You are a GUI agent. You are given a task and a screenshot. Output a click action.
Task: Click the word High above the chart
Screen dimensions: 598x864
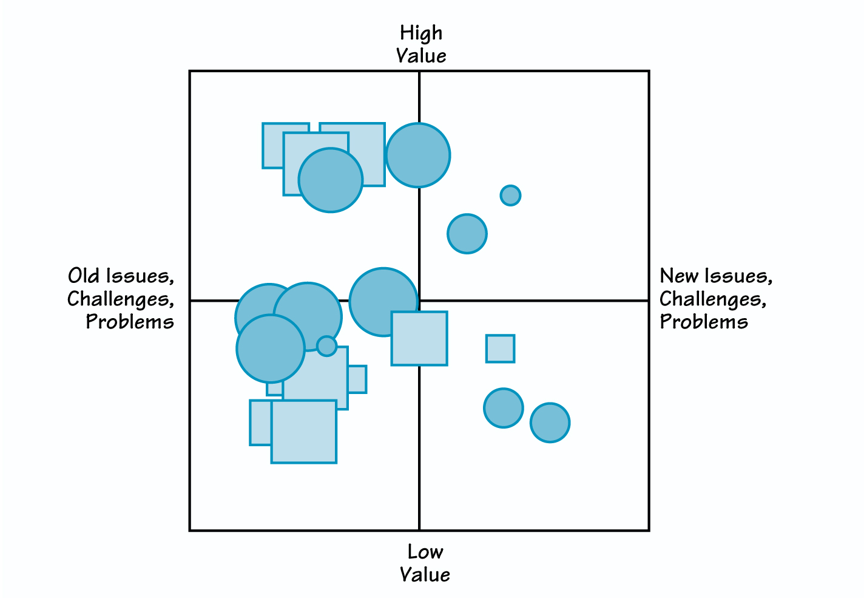click(421, 33)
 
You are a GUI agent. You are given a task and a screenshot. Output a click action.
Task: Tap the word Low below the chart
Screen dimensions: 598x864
click(425, 552)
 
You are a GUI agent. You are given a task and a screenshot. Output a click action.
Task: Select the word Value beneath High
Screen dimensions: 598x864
click(421, 56)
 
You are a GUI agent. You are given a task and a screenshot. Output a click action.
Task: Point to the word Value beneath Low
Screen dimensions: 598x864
click(425, 574)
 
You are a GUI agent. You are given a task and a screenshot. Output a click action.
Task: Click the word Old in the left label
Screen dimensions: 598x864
click(84, 276)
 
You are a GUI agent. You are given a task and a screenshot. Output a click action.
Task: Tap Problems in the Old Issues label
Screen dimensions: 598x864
click(130, 322)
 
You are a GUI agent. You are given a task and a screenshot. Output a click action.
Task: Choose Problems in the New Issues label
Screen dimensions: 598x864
click(704, 322)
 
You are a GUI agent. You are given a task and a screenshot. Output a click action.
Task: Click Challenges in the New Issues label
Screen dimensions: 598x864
click(712, 299)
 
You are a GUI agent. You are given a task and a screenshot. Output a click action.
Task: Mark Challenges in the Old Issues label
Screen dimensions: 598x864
click(120, 299)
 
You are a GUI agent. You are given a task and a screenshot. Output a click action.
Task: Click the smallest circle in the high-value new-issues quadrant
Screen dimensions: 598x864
click(510, 195)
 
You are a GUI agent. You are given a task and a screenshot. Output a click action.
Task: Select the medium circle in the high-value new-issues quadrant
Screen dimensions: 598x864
click(467, 234)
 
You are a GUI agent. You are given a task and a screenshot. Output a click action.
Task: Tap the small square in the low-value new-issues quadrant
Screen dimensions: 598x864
click(500, 348)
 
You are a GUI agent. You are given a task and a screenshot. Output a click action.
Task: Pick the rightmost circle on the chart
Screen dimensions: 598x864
click(550, 423)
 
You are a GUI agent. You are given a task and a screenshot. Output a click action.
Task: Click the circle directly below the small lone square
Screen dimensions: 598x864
click(503, 408)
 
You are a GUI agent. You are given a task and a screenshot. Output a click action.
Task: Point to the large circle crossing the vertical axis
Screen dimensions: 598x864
click(418, 155)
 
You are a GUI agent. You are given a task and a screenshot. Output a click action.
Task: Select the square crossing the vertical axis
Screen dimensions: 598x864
click(419, 338)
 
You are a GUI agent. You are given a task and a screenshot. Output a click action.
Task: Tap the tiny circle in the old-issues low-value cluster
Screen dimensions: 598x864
click(326, 346)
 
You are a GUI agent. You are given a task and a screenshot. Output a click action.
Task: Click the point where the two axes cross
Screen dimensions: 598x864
click(419, 301)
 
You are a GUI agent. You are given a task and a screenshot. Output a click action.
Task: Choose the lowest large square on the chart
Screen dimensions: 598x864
click(303, 432)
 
